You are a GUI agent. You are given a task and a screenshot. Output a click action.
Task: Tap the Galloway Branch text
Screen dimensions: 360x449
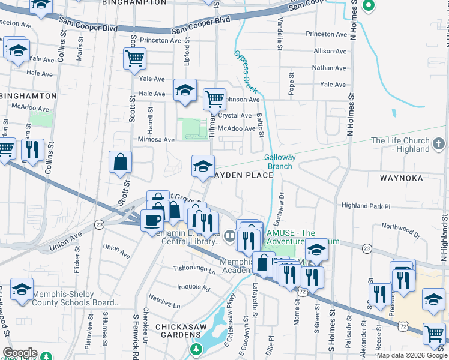pos(279,161)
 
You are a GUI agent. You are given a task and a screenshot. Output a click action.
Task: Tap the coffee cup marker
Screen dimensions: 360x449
pos(151,220)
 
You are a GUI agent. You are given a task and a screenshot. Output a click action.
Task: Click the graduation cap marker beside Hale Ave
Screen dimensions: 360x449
pos(185,91)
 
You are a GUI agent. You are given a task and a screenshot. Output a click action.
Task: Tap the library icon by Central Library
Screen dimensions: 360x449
pos(228,238)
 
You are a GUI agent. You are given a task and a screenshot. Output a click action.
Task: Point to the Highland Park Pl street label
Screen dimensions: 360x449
pos(366,206)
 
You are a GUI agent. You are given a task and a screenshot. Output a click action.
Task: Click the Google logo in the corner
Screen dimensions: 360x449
pos(20,353)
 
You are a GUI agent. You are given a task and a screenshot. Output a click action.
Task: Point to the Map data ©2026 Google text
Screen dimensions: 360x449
pos(412,355)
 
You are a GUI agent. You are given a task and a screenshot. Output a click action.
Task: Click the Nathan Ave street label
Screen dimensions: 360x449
pos(329,68)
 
